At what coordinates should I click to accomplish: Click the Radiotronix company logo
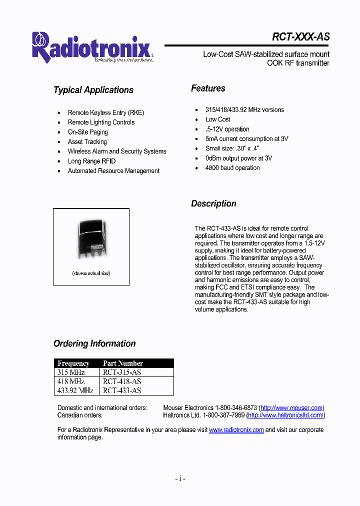92,48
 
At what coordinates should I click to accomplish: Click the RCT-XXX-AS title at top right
300,37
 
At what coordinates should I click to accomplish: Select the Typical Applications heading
93,90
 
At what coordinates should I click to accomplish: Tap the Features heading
208,88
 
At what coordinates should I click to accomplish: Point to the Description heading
213,203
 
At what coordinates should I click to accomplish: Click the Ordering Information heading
94,343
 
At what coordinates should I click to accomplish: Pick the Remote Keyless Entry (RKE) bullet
106,113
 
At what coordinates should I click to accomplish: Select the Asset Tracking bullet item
87,142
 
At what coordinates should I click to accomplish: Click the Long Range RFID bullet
91,161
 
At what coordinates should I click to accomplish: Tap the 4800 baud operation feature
232,168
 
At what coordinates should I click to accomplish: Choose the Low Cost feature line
218,119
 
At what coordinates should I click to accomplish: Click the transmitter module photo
91,238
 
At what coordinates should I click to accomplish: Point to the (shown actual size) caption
91,273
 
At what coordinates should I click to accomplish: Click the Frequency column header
73,363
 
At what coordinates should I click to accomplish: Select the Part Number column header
123,363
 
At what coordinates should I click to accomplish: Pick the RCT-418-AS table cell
122,381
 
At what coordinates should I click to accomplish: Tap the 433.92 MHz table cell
75,390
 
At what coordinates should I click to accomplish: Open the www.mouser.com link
291,408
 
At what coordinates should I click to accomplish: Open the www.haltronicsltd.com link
286,415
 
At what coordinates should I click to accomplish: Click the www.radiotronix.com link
236,430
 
